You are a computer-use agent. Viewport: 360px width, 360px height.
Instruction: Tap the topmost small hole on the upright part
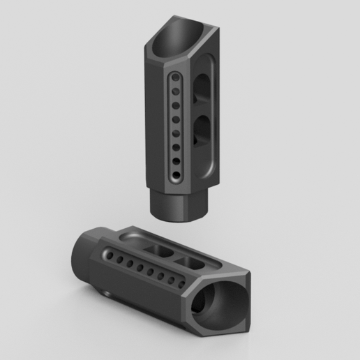pyautogui.click(x=175, y=82)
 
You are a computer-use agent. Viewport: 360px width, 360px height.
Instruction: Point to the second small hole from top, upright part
pyautogui.click(x=175, y=94)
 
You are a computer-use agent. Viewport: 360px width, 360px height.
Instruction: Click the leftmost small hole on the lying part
pyautogui.click(x=107, y=257)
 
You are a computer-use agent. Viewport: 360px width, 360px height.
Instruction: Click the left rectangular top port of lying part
pyautogui.click(x=156, y=250)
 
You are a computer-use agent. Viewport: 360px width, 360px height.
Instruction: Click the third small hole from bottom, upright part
pyautogui.click(x=176, y=146)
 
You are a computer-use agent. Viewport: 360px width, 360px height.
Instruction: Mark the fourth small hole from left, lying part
pyautogui.click(x=140, y=269)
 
